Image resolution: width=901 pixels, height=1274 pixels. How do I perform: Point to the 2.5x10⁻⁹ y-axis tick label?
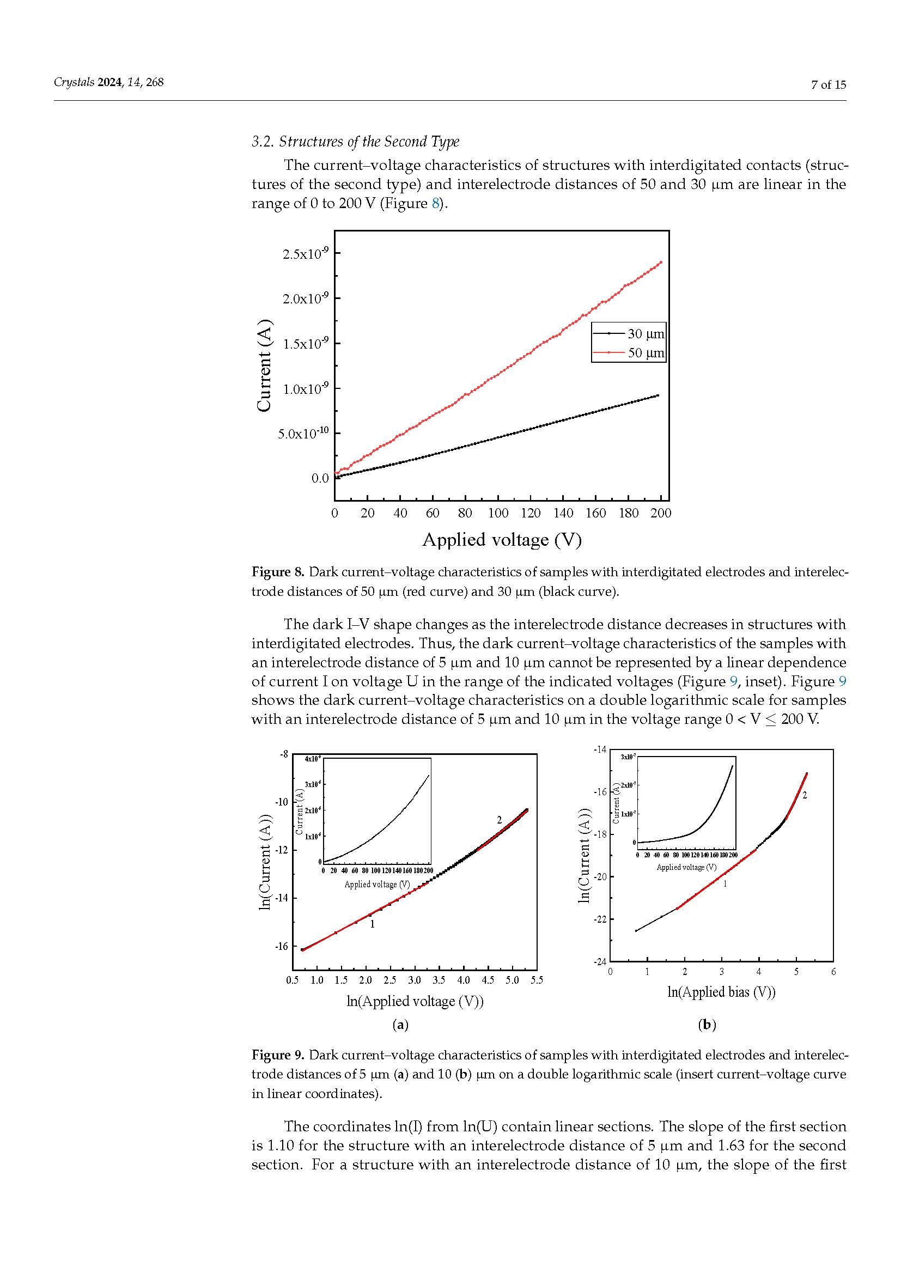(305, 254)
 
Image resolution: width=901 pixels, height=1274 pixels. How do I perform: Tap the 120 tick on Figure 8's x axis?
(531, 513)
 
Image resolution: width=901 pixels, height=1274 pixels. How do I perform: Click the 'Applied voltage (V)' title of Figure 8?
(502, 540)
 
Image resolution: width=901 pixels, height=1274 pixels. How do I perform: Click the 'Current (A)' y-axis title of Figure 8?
(265, 365)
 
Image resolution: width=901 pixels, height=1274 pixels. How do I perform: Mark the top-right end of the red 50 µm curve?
(661, 263)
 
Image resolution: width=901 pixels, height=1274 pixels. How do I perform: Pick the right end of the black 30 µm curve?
(658, 395)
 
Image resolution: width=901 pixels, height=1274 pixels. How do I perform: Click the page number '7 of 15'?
(829, 84)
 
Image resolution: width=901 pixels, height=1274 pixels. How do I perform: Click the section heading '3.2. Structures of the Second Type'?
(355, 142)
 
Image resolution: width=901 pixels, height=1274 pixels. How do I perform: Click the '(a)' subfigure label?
(400, 1025)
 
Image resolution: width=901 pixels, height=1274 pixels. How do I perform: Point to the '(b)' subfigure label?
(707, 1025)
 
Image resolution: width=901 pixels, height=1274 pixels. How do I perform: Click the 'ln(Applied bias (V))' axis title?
(721, 992)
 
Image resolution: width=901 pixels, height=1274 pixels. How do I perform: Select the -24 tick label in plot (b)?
(600, 961)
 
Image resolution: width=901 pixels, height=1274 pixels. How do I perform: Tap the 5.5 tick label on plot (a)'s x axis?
(536, 980)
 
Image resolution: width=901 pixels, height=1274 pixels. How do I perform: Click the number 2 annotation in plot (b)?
(805, 796)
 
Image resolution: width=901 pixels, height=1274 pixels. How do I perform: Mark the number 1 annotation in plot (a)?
(372, 924)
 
